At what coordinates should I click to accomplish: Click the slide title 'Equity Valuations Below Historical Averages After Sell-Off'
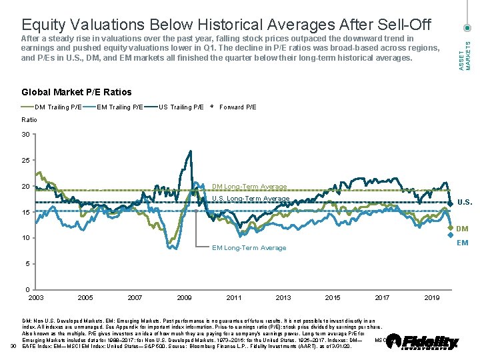point(226,25)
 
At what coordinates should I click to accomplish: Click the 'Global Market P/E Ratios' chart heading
point(77,92)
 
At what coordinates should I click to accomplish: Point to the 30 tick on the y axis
point(25,135)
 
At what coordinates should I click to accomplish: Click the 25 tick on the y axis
point(25,161)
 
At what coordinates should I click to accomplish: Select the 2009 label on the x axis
point(184,297)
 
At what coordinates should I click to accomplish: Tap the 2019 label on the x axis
point(431,297)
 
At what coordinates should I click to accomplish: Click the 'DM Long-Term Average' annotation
point(249,187)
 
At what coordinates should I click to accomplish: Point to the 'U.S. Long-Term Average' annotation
point(251,199)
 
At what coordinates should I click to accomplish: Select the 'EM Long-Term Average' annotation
point(249,248)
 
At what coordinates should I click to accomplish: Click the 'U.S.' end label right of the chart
point(465,203)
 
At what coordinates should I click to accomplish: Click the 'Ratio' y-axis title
point(29,119)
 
